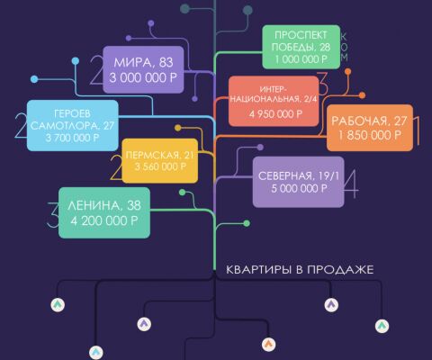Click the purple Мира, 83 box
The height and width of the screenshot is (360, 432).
(x=143, y=69)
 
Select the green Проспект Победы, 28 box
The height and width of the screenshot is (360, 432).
(x=301, y=47)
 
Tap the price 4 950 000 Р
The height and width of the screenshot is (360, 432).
(x=275, y=114)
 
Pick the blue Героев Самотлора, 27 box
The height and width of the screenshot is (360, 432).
(x=73, y=125)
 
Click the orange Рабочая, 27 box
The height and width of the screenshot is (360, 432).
(x=370, y=128)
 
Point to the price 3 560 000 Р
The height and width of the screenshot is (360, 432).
(x=160, y=166)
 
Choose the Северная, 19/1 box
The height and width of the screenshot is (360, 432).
(x=298, y=182)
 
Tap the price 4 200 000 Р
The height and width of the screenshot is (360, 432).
(x=104, y=221)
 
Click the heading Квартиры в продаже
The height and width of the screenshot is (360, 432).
(x=300, y=269)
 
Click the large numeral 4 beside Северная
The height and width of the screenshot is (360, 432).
(x=351, y=184)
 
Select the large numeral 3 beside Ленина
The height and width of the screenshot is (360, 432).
(x=53, y=214)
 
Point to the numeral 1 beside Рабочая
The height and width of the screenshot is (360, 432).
(x=417, y=130)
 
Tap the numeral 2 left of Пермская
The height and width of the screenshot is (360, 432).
(x=116, y=167)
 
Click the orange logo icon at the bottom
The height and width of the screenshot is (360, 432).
(x=268, y=345)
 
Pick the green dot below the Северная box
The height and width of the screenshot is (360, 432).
(x=247, y=223)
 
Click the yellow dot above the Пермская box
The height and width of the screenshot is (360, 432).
(x=178, y=128)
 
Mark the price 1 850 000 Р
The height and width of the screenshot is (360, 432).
(x=370, y=135)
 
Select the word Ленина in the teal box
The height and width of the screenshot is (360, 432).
(x=94, y=206)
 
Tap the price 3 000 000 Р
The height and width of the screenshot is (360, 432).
(x=143, y=78)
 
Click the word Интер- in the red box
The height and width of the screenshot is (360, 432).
(x=274, y=89)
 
